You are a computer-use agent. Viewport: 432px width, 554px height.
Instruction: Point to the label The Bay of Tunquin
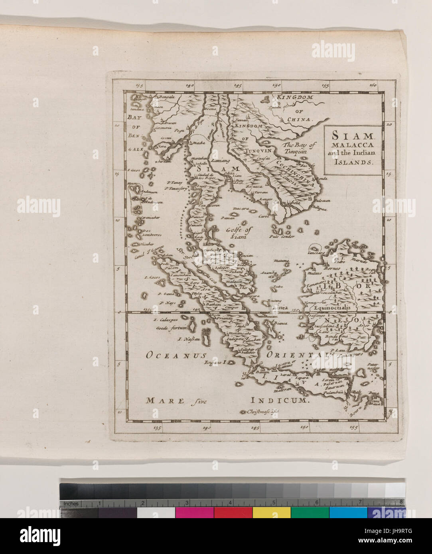pos(300,148)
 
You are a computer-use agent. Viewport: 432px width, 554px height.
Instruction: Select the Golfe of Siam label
pos(239,233)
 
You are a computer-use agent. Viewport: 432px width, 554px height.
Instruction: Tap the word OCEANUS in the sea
pos(176,355)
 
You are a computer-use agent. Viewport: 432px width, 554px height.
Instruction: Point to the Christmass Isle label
pos(264,412)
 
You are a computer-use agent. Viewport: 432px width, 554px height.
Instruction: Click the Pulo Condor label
pos(282,236)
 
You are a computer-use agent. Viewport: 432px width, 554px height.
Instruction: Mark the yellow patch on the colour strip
pos(272,512)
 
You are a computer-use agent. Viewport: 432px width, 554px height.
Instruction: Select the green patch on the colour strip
pos(310,512)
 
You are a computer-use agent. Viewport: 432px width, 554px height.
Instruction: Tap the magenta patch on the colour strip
pos(194,512)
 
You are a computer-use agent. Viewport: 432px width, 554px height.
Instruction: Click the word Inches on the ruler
pos(71,504)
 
